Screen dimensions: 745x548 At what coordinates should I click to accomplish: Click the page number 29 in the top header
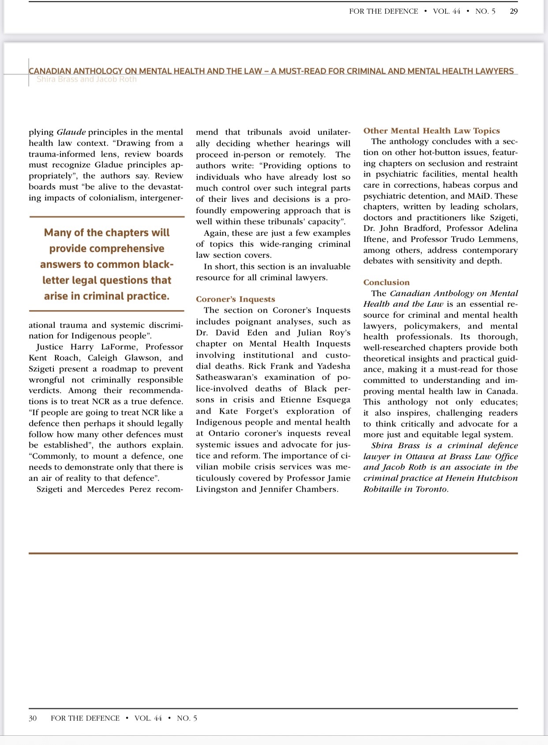tap(514, 11)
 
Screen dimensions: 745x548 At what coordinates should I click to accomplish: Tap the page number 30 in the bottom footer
tap(33, 718)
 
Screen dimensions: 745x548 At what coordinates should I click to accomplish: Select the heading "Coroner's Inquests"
tap(235, 299)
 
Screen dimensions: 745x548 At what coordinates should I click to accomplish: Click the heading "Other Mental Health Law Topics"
tap(431, 131)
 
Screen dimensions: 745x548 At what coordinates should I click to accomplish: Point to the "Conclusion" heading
tap(386, 283)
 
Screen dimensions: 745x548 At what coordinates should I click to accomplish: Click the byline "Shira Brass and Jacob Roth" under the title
tap(86, 79)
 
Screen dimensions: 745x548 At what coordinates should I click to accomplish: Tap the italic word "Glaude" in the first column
tap(71, 132)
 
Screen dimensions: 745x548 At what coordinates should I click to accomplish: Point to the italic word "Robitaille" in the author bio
tap(382, 489)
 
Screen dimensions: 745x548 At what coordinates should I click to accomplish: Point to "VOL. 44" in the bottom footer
tap(148, 718)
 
